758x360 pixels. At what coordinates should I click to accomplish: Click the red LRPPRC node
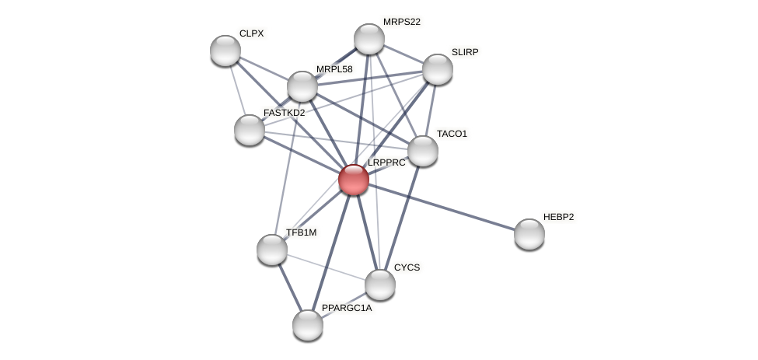point(354,180)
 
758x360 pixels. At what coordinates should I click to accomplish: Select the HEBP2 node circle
point(529,234)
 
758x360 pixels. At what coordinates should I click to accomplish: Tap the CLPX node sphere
point(225,51)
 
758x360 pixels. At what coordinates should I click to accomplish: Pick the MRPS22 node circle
point(369,39)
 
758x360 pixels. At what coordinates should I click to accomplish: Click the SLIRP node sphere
point(438,69)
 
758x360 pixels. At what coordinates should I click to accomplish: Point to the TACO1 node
point(423,151)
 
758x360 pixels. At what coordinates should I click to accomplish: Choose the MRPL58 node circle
point(302,86)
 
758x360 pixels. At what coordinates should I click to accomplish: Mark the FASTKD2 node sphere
point(250,130)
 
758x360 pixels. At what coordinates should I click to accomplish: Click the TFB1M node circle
point(272,250)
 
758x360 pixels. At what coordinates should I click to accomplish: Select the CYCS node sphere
point(380,285)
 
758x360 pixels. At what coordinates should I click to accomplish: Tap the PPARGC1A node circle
point(308,325)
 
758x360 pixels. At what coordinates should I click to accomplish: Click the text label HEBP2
point(558,217)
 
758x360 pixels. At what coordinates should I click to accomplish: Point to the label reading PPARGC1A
point(347,309)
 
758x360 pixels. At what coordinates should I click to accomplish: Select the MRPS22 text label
point(401,22)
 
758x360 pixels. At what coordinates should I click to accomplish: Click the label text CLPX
point(252,33)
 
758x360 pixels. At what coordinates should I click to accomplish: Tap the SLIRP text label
point(465,52)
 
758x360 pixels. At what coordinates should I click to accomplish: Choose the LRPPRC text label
point(386,163)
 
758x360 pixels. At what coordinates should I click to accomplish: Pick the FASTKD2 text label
point(285,114)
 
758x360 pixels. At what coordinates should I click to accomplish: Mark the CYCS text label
point(407,267)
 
